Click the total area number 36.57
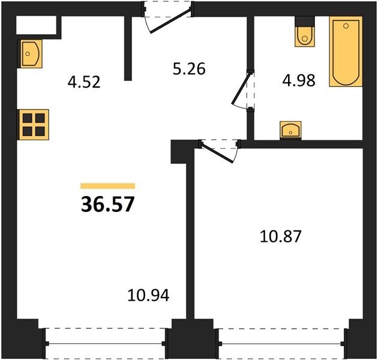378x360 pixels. point(107,204)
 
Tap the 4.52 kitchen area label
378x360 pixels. point(84,82)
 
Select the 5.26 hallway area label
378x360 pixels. point(189,69)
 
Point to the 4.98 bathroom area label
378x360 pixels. point(299,80)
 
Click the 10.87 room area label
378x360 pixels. point(281,236)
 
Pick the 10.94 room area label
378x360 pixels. point(148,295)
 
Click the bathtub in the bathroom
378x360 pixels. point(346,52)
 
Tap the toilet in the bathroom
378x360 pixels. point(305,31)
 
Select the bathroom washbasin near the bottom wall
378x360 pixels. point(290,130)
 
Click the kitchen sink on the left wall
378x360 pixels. point(30,54)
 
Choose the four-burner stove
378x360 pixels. point(33,125)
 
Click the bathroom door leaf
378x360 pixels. point(241,88)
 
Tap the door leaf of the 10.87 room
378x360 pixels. point(217,152)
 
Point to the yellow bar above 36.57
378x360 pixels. point(107,186)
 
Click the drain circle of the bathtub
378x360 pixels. point(346,26)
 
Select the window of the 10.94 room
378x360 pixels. point(106,343)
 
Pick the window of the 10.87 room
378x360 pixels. point(281,343)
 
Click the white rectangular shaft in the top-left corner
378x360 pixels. point(37,25)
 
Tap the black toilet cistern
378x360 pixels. point(305,21)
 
